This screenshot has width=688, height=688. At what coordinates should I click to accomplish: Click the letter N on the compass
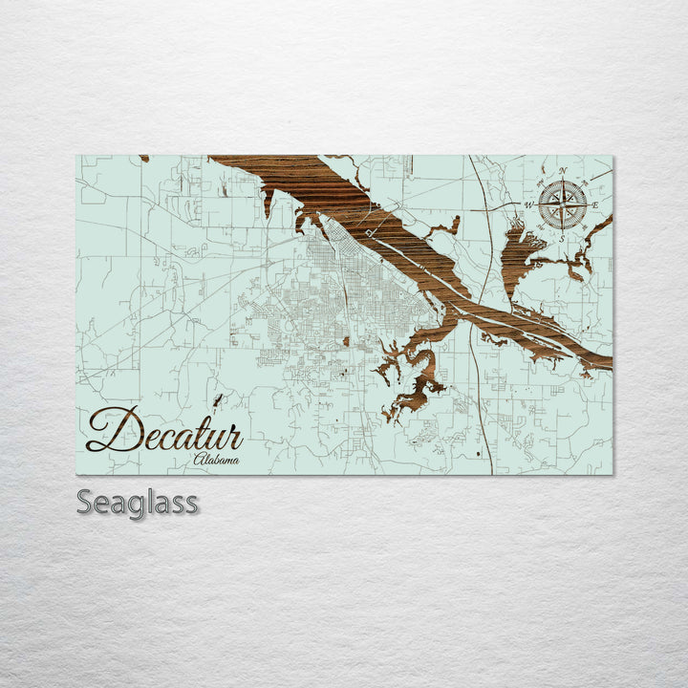(x=563, y=172)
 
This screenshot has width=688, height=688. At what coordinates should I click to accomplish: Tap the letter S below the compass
(x=563, y=237)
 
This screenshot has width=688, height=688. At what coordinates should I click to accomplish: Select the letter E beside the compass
(x=595, y=205)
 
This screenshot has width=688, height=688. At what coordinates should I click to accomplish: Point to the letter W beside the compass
(x=529, y=204)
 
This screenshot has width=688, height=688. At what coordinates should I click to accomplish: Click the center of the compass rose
(x=563, y=204)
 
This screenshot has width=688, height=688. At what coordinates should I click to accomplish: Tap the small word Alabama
(x=216, y=460)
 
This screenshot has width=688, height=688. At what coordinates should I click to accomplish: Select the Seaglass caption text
(x=138, y=502)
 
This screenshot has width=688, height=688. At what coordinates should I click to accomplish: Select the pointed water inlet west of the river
(x=269, y=200)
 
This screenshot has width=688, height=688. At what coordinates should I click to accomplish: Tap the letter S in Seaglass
(x=84, y=502)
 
